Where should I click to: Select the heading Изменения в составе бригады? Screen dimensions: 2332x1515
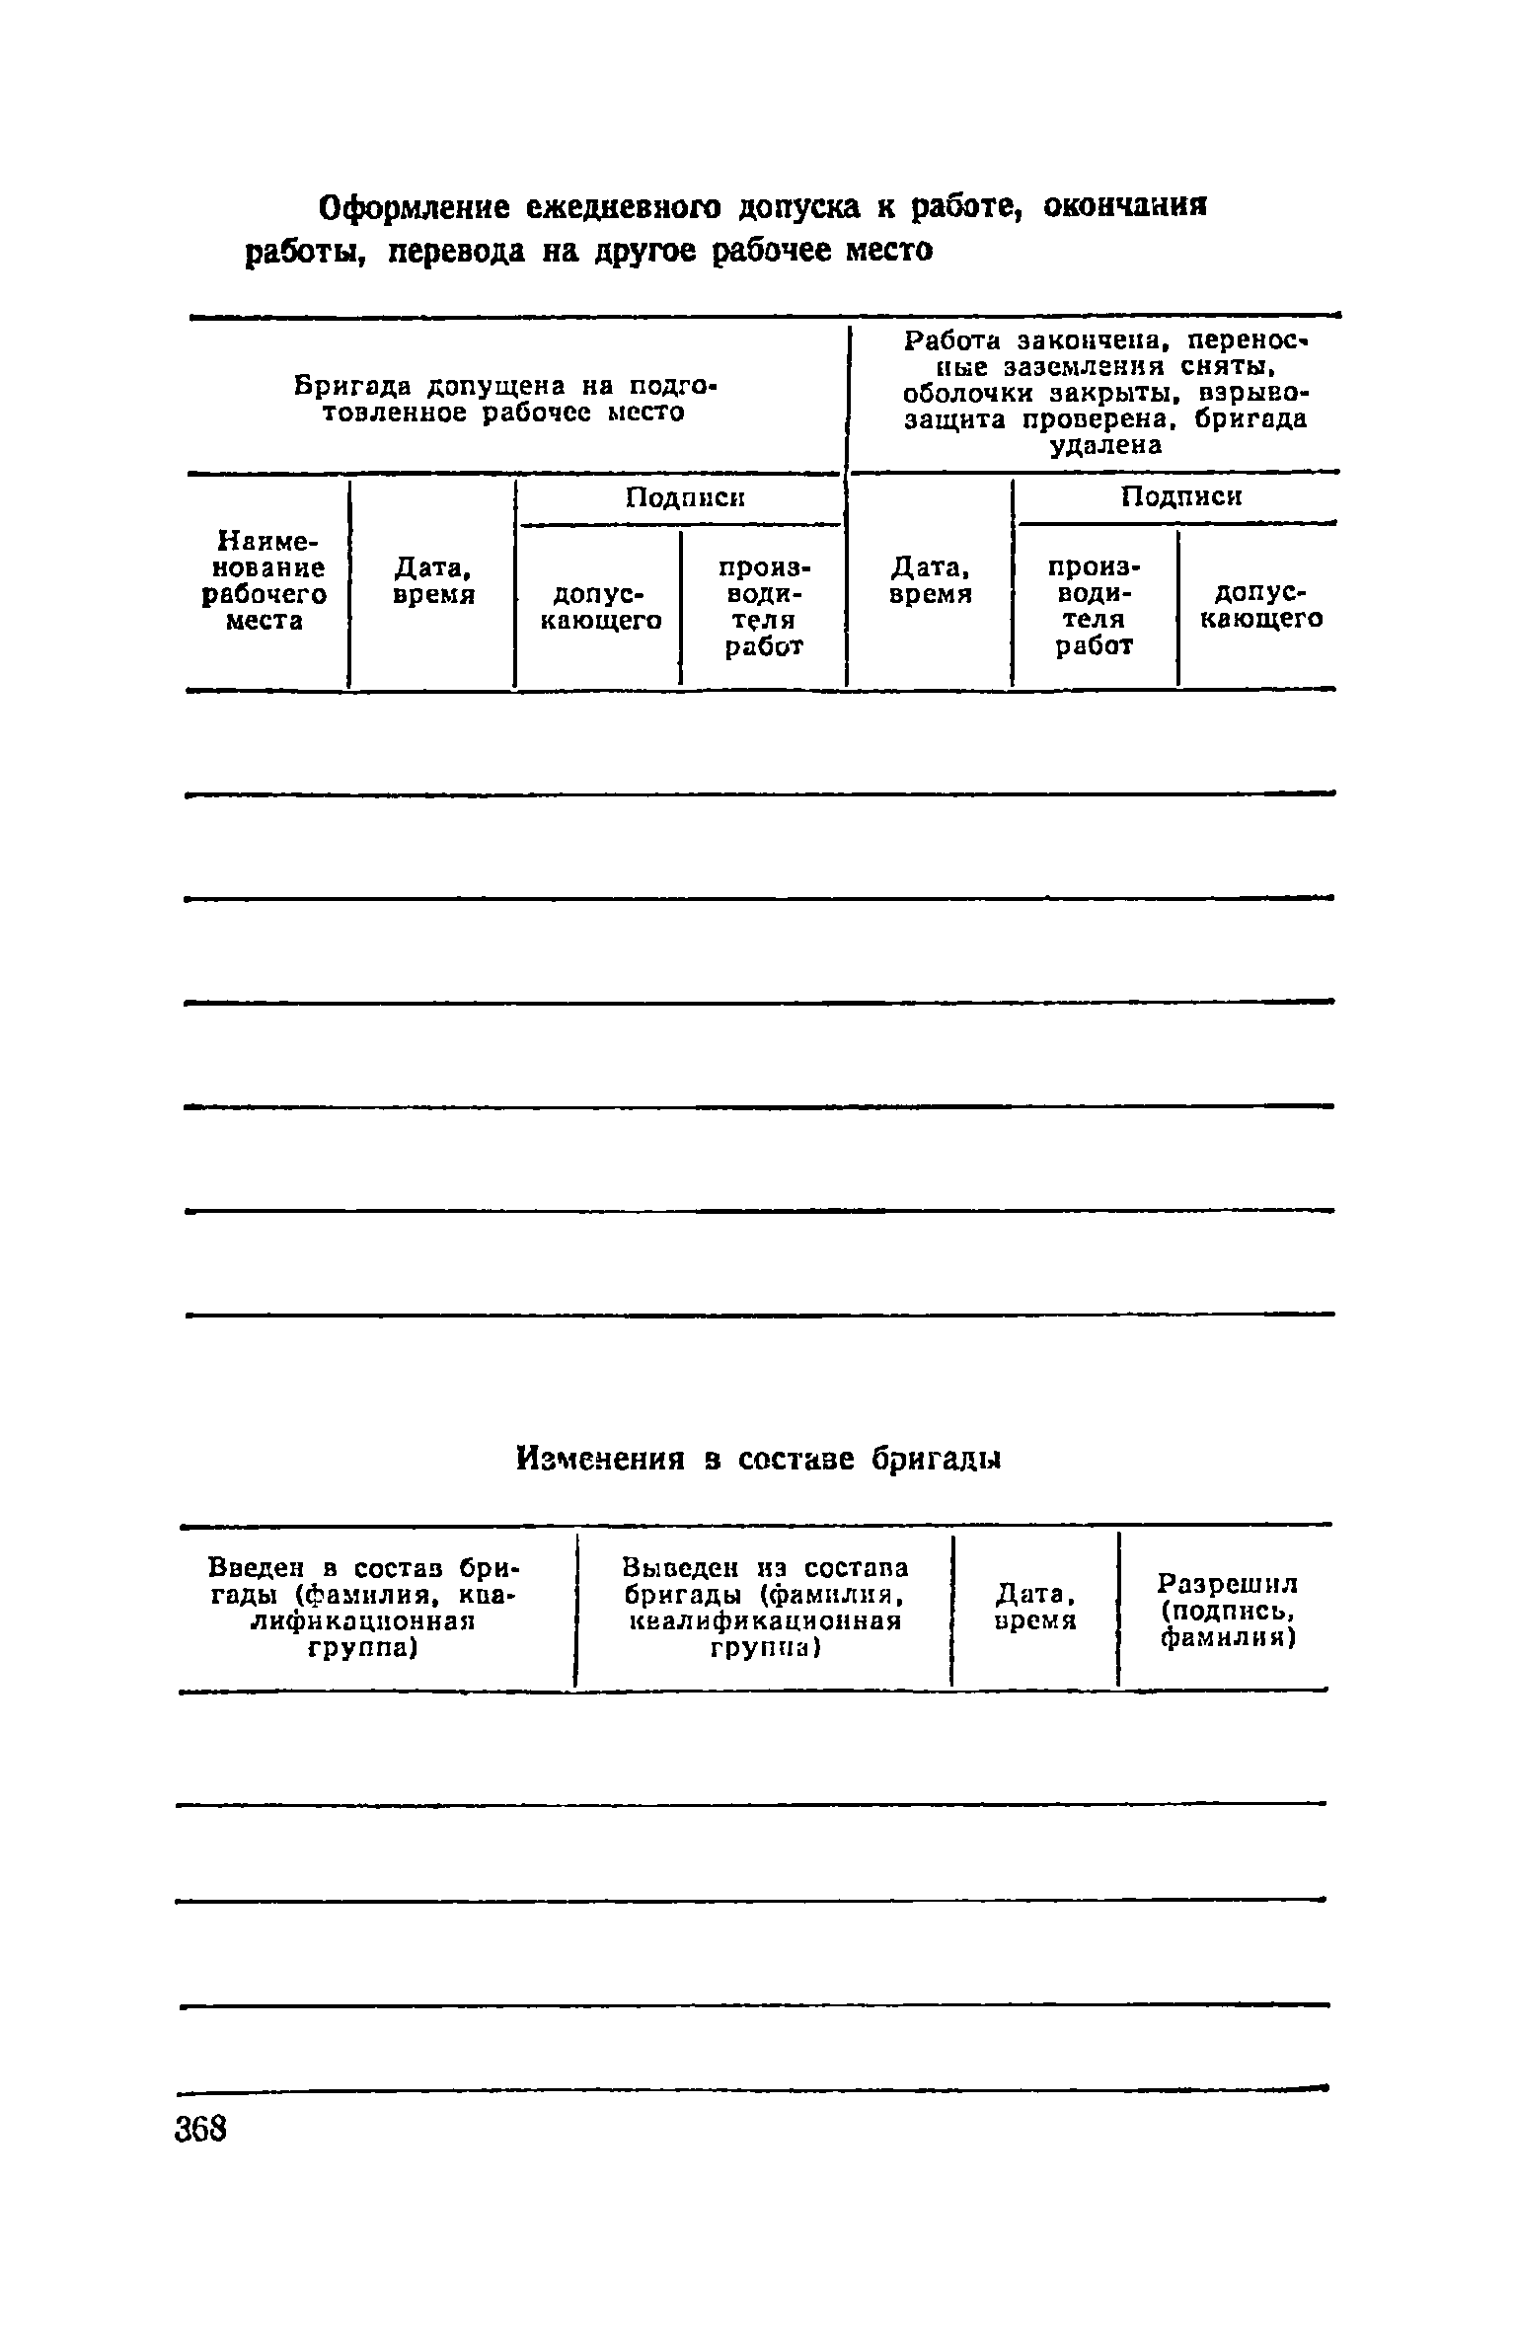[x=759, y=1460]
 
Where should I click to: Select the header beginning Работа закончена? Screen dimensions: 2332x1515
[x=1105, y=393]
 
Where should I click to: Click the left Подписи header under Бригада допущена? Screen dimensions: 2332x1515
[x=685, y=498]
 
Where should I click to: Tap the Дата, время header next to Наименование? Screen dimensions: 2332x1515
[x=432, y=581]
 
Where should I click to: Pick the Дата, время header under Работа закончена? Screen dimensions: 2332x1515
[x=930, y=581]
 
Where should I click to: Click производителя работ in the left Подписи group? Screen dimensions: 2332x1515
[x=763, y=607]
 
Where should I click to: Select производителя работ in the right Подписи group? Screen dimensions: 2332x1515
[x=1095, y=606]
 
